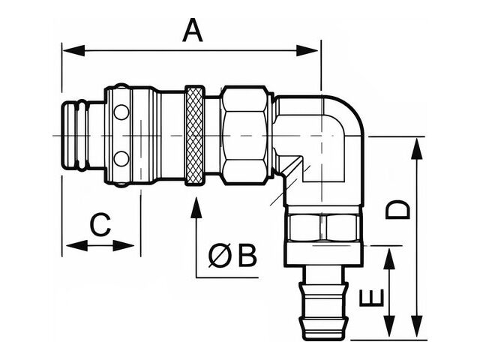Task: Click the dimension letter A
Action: (x=193, y=30)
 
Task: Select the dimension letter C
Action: (x=100, y=225)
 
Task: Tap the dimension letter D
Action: (x=397, y=210)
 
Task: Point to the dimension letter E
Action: (x=371, y=298)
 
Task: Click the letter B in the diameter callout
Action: (x=247, y=255)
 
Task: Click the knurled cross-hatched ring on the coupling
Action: (x=195, y=136)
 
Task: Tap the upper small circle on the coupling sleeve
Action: (x=121, y=112)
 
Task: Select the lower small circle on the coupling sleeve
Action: (x=121, y=159)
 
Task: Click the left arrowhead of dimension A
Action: (x=73, y=50)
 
